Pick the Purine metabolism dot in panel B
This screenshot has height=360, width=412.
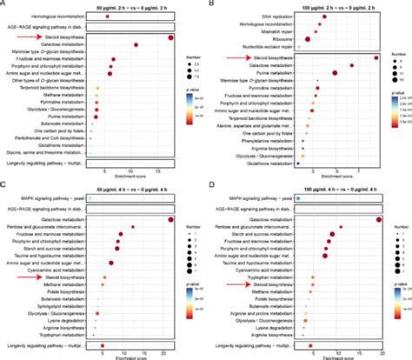click(x=336, y=73)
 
